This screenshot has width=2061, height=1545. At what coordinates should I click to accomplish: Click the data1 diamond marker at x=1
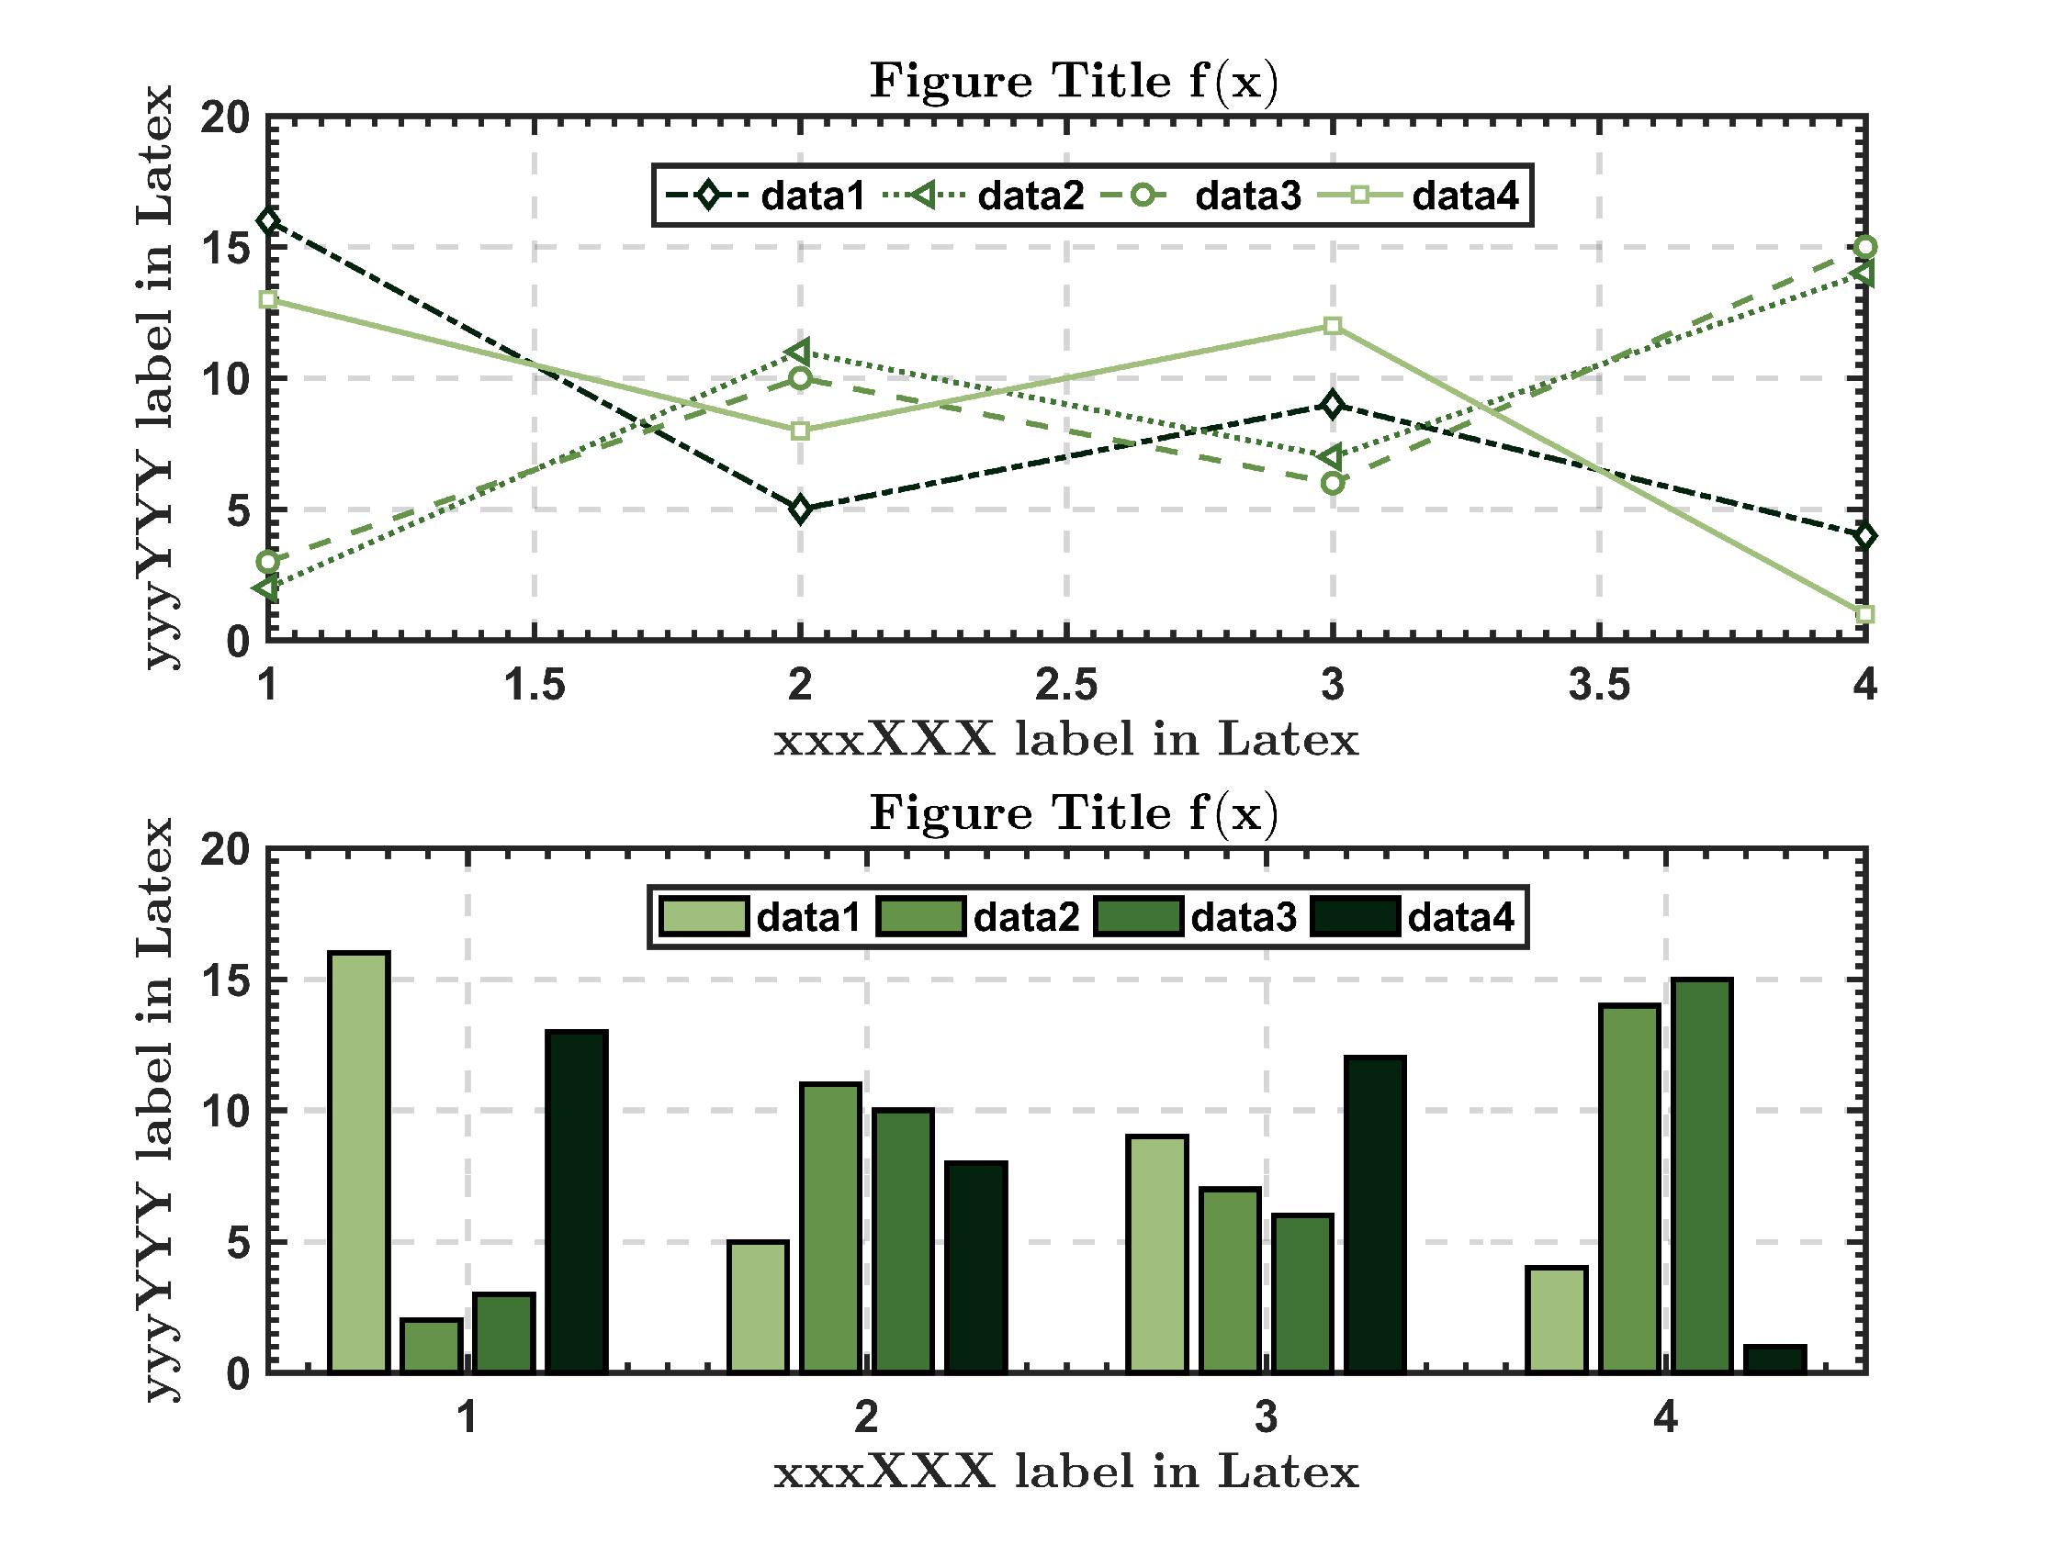pyautogui.click(x=268, y=221)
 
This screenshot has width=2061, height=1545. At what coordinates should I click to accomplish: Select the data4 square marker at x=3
pyautogui.click(x=1333, y=326)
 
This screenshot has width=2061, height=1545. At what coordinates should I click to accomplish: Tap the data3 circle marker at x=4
pyautogui.click(x=1864, y=248)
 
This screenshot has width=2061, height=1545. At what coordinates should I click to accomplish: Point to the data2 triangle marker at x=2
pyautogui.click(x=799, y=352)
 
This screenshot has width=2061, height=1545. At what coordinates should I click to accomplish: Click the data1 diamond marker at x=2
pyautogui.click(x=800, y=509)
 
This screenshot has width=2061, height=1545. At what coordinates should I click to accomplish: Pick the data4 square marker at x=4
pyautogui.click(x=1864, y=615)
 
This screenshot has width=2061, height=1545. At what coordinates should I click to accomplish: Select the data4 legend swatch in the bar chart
pyautogui.click(x=1355, y=916)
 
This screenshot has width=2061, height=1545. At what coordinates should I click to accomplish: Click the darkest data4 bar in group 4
pyautogui.click(x=1775, y=1359)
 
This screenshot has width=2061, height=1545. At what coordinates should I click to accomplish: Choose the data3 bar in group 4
pyautogui.click(x=1702, y=1175)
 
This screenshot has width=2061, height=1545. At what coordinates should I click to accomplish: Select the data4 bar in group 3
pyautogui.click(x=1375, y=1215)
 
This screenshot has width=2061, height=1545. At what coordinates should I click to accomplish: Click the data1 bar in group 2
pyautogui.click(x=758, y=1305)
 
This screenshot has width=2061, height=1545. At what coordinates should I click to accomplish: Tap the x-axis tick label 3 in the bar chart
pyautogui.click(x=1266, y=1417)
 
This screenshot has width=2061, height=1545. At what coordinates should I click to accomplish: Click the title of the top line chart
pyautogui.click(x=1074, y=82)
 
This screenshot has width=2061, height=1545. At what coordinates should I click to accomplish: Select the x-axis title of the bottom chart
pyautogui.click(x=1066, y=1472)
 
